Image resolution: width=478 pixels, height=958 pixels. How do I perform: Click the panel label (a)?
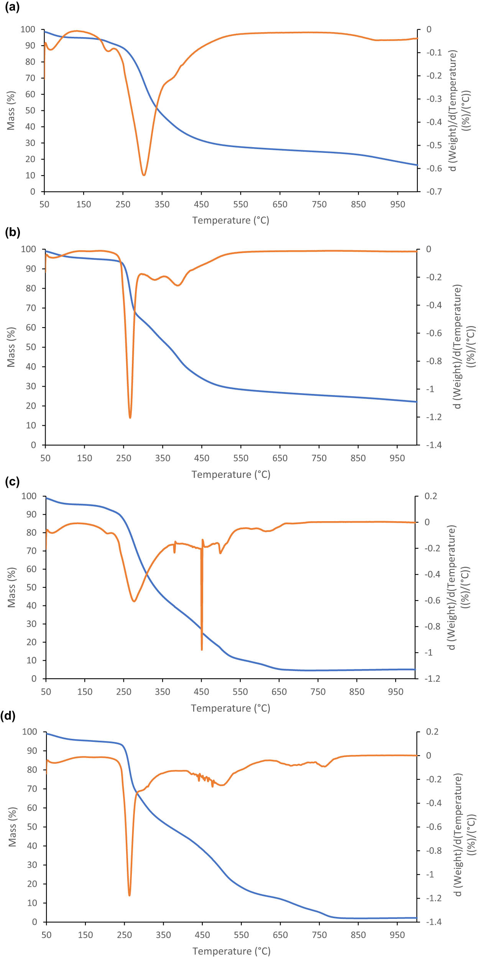click(12, 7)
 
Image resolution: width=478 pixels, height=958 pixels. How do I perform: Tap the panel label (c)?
click(12, 481)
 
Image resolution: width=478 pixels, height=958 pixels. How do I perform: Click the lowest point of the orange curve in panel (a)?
click(144, 175)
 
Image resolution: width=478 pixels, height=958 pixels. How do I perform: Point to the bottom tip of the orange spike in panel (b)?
click(130, 418)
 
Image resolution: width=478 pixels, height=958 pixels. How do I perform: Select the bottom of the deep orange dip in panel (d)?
click(130, 895)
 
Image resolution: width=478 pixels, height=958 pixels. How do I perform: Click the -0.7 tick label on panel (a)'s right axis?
click(434, 191)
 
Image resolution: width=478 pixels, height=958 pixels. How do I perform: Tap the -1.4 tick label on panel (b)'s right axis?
click(434, 445)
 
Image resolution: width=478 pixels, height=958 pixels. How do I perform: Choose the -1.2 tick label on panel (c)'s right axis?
click(432, 678)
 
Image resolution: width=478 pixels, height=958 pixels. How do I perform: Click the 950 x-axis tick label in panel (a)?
click(398, 204)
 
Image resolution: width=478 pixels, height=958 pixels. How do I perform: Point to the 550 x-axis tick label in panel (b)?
click(241, 458)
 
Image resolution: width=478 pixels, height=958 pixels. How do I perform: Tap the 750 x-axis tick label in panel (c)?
click(318, 692)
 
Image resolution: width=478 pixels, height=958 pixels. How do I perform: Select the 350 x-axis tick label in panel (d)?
click(163, 935)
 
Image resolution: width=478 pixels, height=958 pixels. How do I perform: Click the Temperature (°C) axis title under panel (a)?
click(231, 220)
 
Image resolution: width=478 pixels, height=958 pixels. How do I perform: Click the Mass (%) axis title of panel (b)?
click(11, 347)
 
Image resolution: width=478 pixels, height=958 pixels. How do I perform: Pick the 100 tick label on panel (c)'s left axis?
click(29, 496)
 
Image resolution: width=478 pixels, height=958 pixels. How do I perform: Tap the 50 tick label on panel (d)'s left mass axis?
click(32, 827)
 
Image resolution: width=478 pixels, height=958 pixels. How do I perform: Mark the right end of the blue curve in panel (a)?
click(417, 165)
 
